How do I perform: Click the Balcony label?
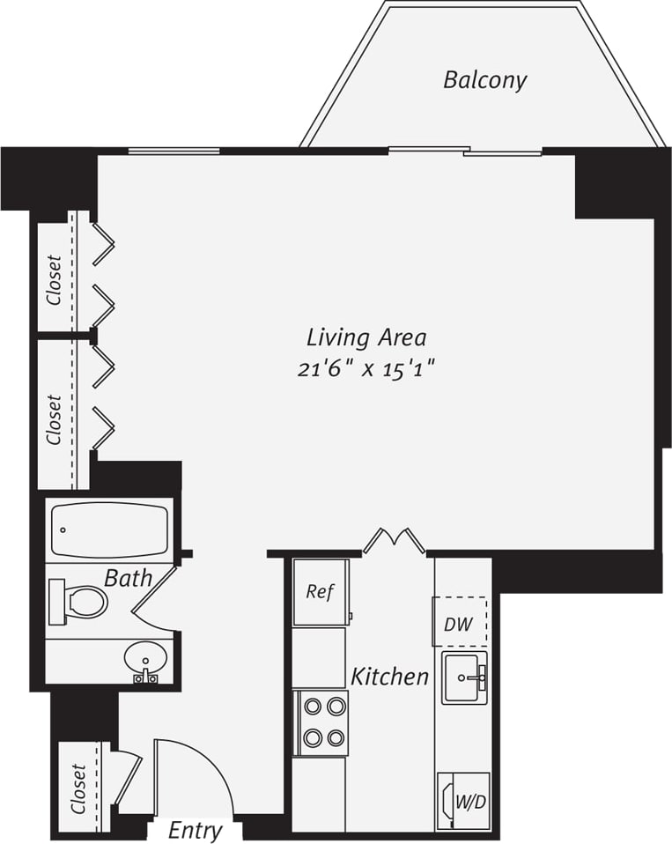(484, 80)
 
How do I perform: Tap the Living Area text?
(366, 337)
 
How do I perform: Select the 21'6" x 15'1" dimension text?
(366, 368)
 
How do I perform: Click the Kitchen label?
(389, 677)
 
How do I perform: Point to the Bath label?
(128, 579)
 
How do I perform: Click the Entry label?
(195, 830)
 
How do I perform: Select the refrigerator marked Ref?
(320, 592)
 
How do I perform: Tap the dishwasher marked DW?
(459, 624)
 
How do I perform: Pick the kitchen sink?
(464, 677)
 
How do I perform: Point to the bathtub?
(109, 529)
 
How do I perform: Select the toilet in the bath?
(79, 602)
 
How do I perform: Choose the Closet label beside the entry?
(78, 787)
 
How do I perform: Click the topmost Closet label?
(55, 279)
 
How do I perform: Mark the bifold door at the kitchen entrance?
(394, 539)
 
